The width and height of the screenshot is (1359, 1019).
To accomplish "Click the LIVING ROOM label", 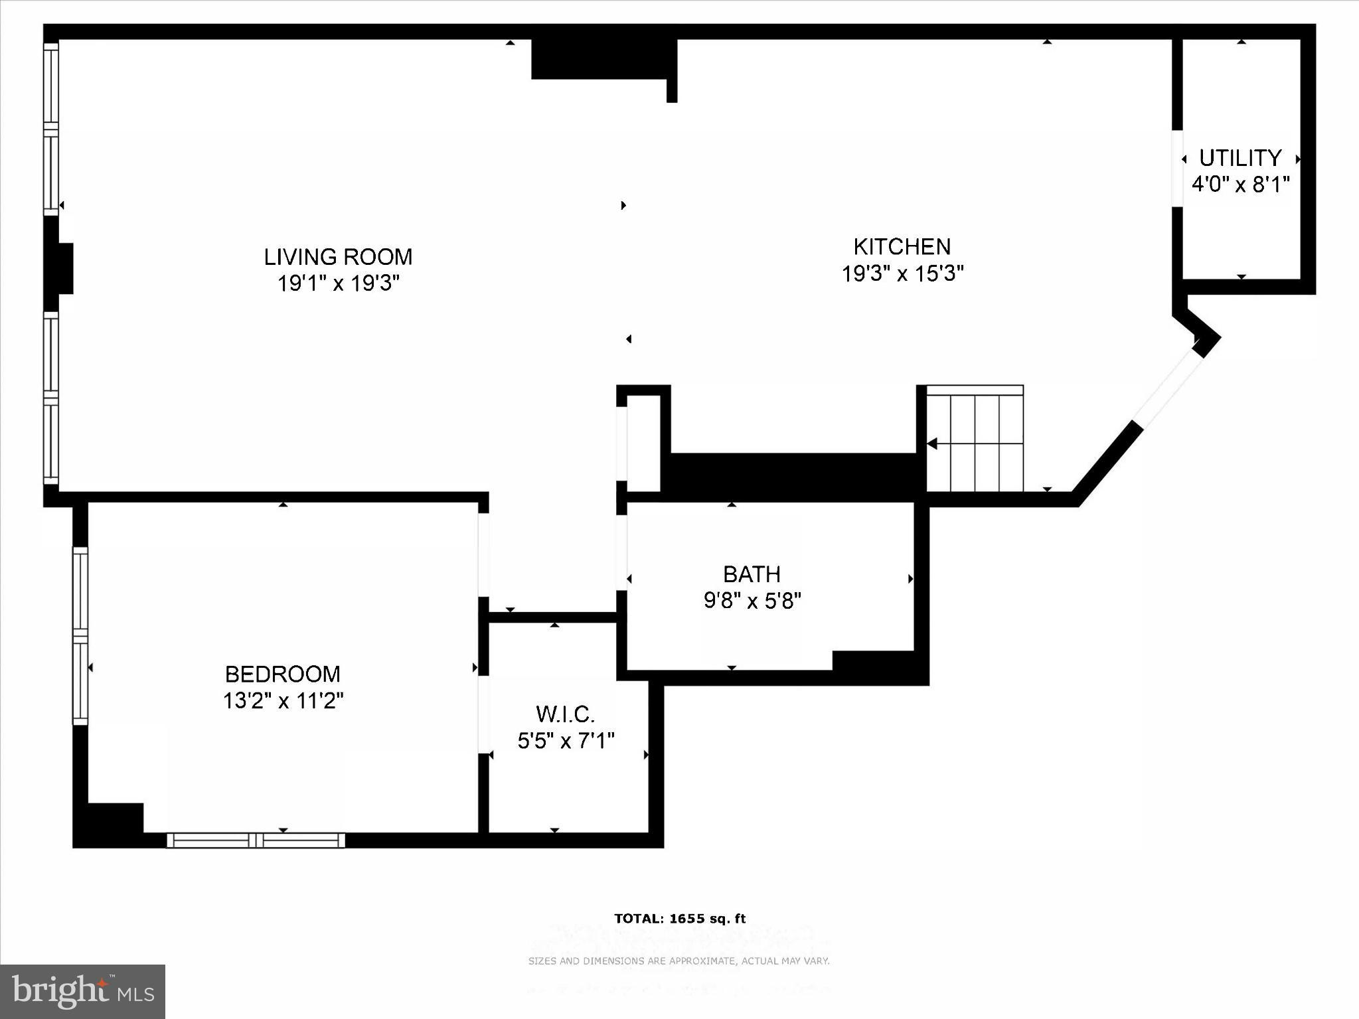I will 338,256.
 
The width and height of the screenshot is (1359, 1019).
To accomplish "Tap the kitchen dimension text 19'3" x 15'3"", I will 902,274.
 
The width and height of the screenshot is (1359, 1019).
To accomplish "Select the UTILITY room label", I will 1239,158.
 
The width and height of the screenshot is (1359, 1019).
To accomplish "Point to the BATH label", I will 752,574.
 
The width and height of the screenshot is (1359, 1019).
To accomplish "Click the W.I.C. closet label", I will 565,714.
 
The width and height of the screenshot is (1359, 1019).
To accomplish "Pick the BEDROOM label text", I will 283,674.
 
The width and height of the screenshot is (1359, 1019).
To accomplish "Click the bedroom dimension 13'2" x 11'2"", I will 283,701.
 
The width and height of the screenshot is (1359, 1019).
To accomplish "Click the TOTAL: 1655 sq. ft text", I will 680,919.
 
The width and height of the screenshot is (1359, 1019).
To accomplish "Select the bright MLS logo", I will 82,991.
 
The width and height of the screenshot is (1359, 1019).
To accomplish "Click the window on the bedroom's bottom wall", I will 256,840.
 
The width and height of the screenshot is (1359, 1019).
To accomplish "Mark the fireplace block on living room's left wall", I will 60,268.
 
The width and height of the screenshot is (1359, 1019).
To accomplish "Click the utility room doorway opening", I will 1177,169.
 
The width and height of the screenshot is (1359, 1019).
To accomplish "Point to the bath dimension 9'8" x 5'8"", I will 752,601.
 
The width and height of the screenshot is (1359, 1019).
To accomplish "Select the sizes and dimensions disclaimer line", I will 679,961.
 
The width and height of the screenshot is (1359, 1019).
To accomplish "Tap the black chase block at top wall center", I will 601,58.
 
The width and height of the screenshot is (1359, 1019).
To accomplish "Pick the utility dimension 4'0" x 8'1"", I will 1239,185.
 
